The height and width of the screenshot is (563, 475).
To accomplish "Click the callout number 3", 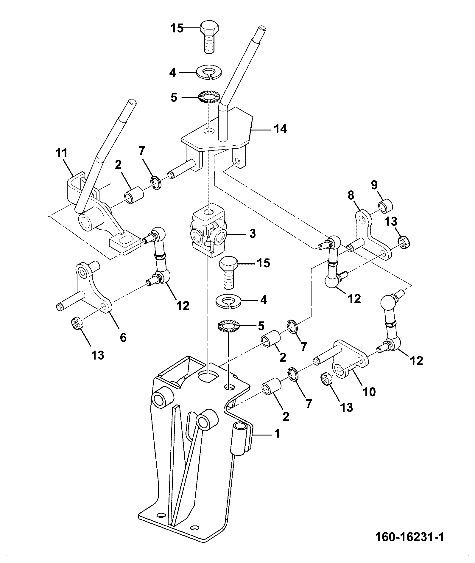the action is [252, 233].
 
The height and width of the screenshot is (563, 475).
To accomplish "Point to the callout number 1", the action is [277, 433].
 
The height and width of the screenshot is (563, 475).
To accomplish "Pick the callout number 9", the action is [374, 185].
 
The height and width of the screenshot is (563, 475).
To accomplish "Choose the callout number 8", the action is [351, 195].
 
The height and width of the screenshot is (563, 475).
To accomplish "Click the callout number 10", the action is [369, 392].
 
